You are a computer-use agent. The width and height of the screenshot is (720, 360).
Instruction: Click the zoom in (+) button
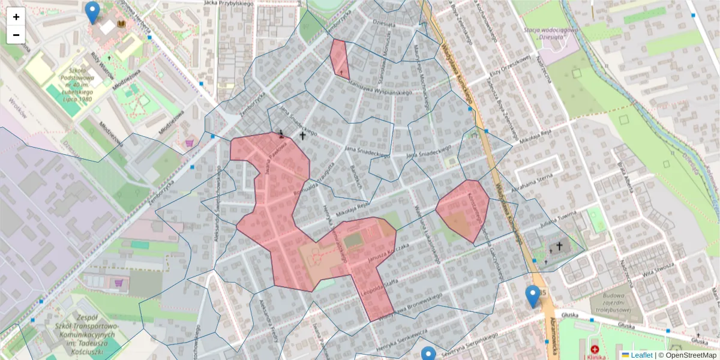tap(16, 17)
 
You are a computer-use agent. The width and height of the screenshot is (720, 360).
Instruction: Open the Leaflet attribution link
tap(641, 355)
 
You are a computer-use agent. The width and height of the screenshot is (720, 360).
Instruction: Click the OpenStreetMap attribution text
tap(691, 355)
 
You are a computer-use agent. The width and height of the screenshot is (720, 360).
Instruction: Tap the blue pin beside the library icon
tap(92, 12)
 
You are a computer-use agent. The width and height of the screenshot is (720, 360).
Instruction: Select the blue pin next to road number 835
tap(532, 296)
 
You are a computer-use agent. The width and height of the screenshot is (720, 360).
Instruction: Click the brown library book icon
tap(122, 23)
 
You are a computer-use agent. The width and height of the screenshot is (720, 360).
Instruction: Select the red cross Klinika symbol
tap(595, 349)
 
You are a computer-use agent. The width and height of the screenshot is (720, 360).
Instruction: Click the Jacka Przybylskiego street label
tap(229, 3)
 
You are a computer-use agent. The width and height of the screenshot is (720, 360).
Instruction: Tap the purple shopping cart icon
tap(190, 143)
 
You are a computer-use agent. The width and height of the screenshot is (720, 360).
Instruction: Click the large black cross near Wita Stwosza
tap(560, 245)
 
